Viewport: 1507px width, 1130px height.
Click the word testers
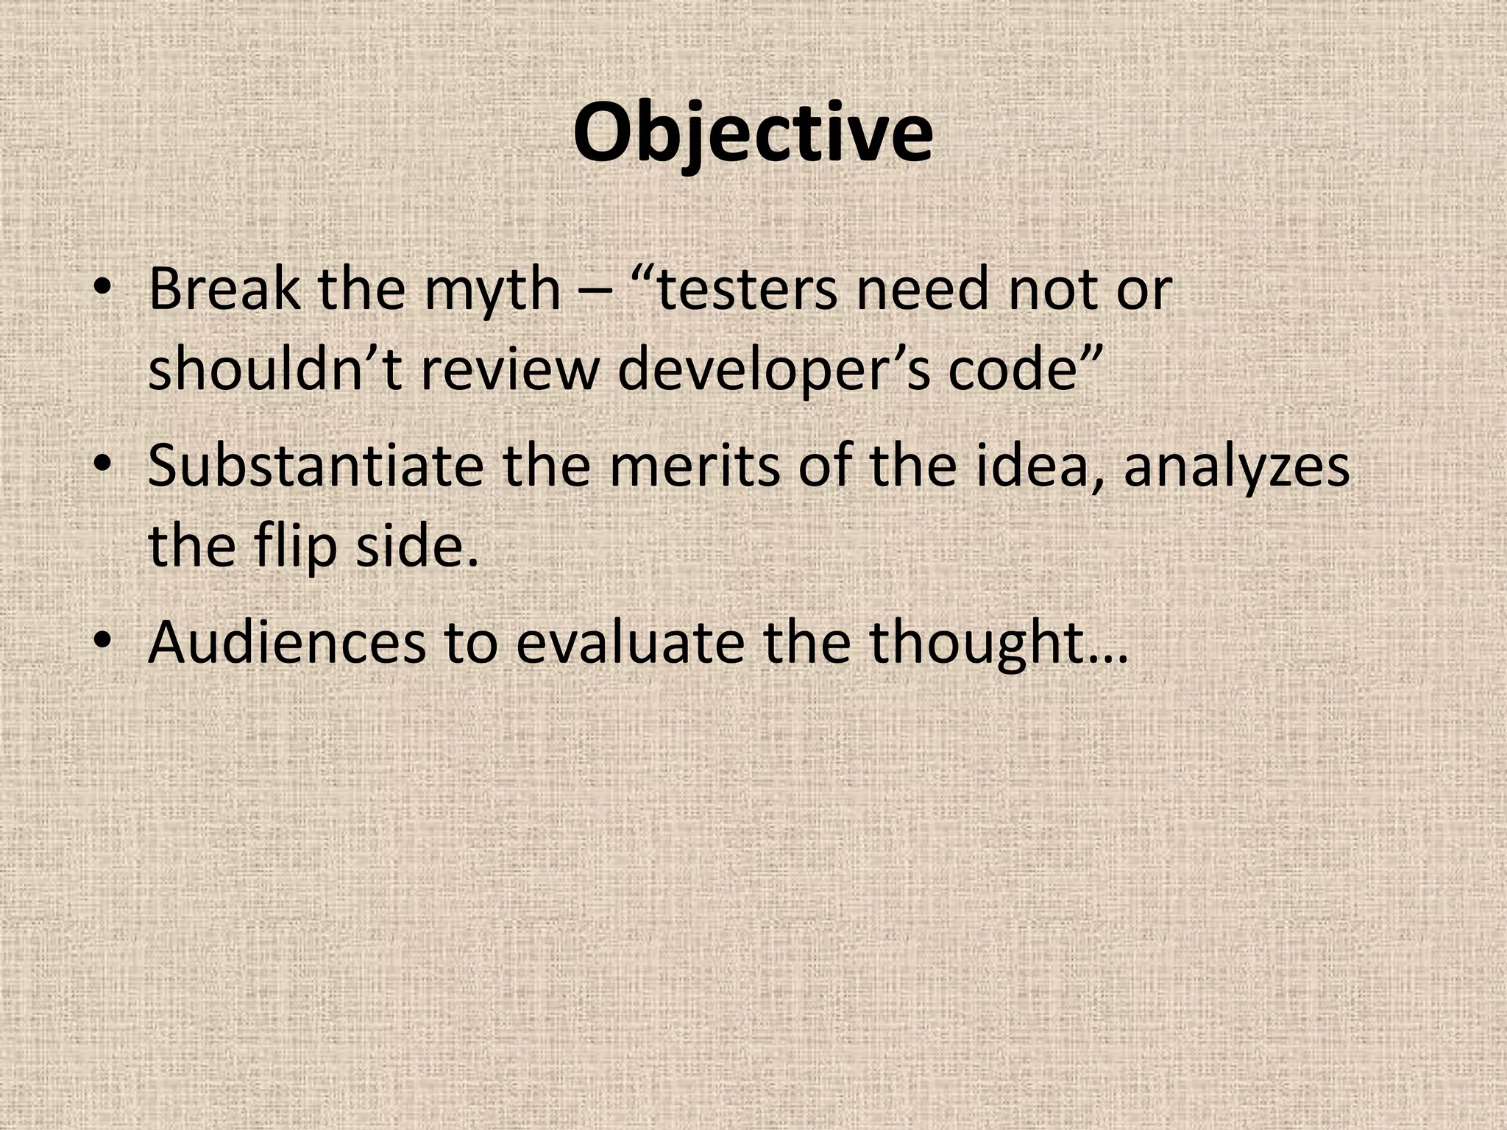pos(745,290)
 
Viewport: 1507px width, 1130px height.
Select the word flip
pos(296,547)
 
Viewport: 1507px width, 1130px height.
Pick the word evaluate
pos(630,642)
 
